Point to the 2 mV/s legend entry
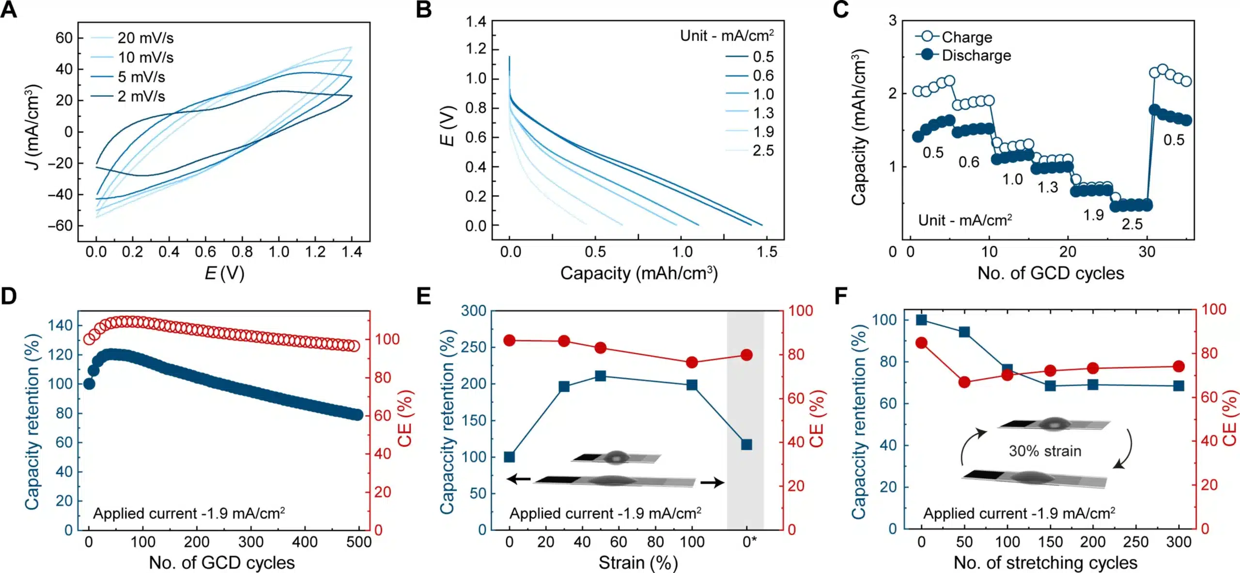pyautogui.click(x=141, y=96)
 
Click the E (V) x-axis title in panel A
pyautogui.click(x=224, y=273)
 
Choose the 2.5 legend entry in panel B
pyautogui.click(x=763, y=150)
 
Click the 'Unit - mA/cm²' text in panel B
pyautogui.click(x=727, y=35)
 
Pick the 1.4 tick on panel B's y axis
pyautogui.click(x=476, y=21)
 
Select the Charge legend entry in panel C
pyautogui.click(x=966, y=37)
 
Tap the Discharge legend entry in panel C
pyautogui.click(x=976, y=55)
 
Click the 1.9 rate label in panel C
pyautogui.click(x=1093, y=215)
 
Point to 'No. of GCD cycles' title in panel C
pyautogui.click(x=1050, y=273)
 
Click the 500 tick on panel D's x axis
pyautogui.click(x=358, y=541)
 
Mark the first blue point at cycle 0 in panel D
pyautogui.click(x=89, y=384)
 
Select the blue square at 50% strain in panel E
pyautogui.click(x=601, y=376)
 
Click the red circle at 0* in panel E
pyautogui.click(x=746, y=355)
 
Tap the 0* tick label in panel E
pyautogui.click(x=749, y=541)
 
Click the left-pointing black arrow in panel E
pyautogui.click(x=518, y=479)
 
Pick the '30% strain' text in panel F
pyautogui.click(x=1045, y=451)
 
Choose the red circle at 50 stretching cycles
pyautogui.click(x=964, y=382)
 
